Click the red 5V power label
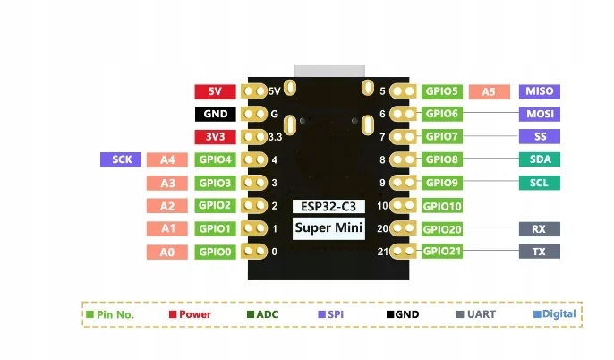pyautogui.click(x=215, y=91)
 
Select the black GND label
pyautogui.click(x=215, y=115)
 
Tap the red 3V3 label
pyautogui.click(x=215, y=137)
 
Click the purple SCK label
pyautogui.click(x=121, y=159)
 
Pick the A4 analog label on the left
pyautogui.click(x=167, y=160)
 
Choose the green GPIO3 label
pyautogui.click(x=216, y=183)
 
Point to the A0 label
pyautogui.click(x=167, y=253)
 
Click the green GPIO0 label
pyautogui.click(x=216, y=253)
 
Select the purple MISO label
pyautogui.click(x=539, y=91)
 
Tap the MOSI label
pyautogui.click(x=539, y=115)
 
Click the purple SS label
pyautogui.click(x=539, y=137)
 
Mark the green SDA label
pyautogui.click(x=539, y=160)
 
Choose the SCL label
pyautogui.click(x=539, y=183)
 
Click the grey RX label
pyautogui.click(x=539, y=228)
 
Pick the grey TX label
pyautogui.click(x=539, y=252)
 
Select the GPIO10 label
pyautogui.click(x=443, y=206)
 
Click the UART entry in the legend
pyautogui.click(x=478, y=314)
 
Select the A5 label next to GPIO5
pyautogui.click(x=489, y=91)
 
